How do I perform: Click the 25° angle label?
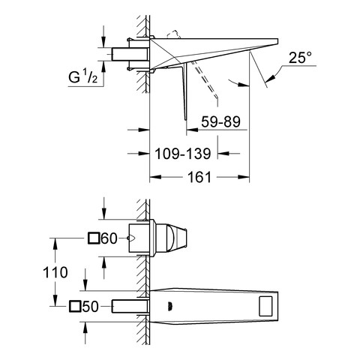click(x=300, y=58)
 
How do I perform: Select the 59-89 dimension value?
click(x=220, y=121)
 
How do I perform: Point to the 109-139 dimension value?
click(x=183, y=154)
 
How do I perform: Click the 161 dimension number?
click(x=199, y=177)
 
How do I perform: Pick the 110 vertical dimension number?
click(x=55, y=272)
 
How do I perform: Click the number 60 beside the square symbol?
click(x=109, y=238)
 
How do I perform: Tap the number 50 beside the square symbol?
click(x=90, y=307)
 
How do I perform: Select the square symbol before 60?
click(x=94, y=238)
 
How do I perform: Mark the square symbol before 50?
click(x=75, y=307)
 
